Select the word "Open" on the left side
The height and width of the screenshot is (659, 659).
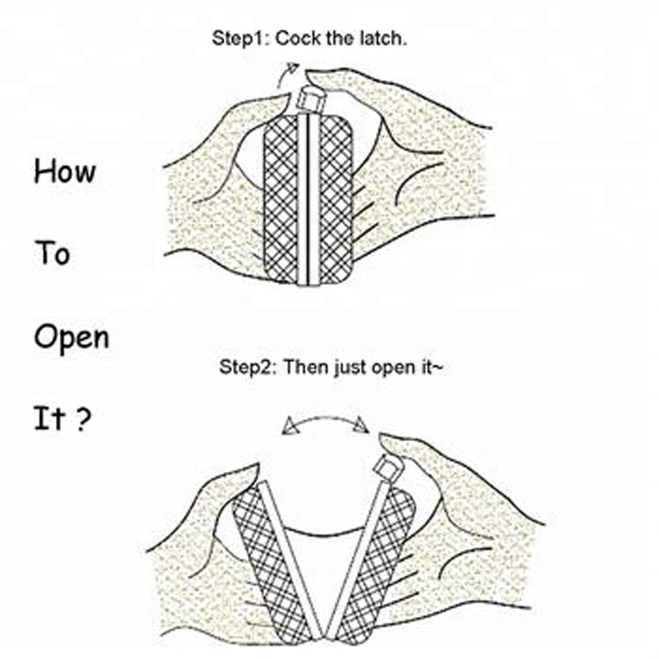(x=71, y=338)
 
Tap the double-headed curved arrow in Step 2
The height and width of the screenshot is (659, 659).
(x=324, y=424)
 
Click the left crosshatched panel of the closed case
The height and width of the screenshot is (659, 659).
(x=281, y=198)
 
